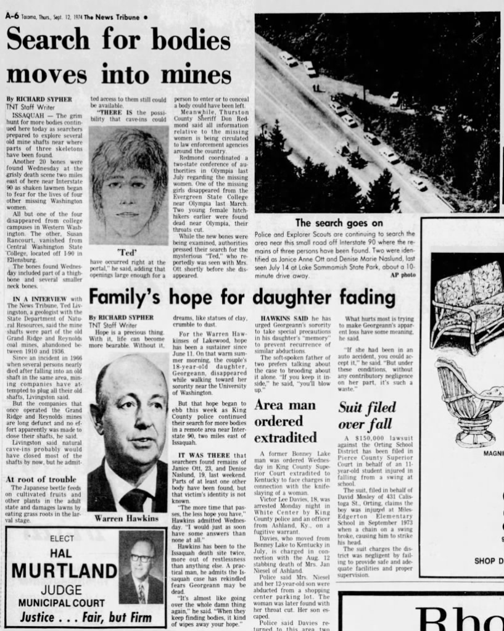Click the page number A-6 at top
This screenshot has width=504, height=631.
[x=12, y=16]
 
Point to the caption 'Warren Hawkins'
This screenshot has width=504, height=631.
[x=127, y=518]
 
